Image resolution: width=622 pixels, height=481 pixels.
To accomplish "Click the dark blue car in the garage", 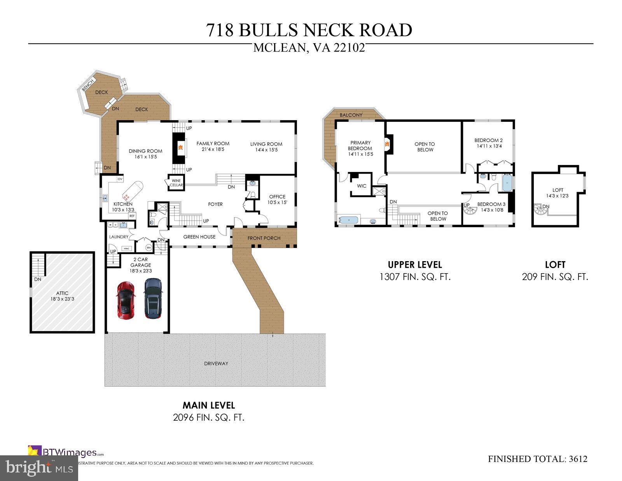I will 153,298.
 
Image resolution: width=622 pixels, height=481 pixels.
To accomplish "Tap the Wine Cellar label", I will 176,183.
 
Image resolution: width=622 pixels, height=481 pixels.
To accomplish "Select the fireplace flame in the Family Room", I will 180,147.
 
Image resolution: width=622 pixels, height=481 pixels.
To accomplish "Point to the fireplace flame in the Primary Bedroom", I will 386,144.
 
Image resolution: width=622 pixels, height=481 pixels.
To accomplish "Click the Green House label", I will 199,237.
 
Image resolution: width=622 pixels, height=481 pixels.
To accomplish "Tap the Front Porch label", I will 264,238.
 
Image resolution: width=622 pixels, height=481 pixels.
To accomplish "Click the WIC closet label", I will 362,186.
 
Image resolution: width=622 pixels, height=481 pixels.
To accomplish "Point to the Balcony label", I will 351,115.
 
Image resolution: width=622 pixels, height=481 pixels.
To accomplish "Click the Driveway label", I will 216,363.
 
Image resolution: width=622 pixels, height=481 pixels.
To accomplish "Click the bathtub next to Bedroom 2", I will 508,183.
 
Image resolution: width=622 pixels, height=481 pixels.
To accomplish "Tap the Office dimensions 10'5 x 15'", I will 277,202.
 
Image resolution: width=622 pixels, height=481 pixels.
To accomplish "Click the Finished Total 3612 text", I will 537,459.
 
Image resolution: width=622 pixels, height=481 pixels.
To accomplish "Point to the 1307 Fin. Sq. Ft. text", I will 415,277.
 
